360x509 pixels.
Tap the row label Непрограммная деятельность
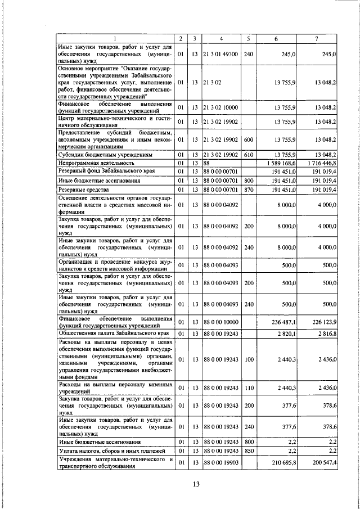93,163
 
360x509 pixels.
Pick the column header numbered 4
221,38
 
